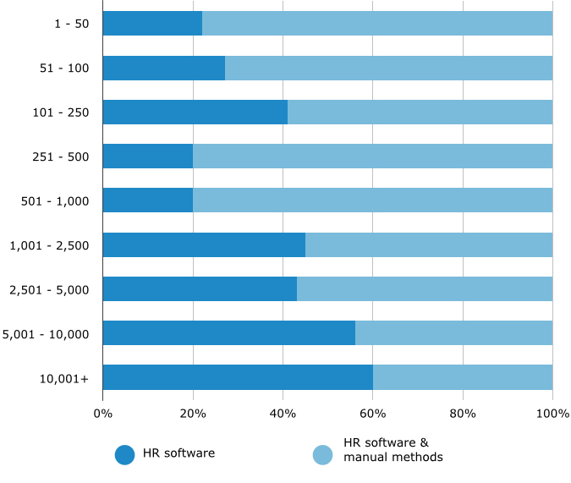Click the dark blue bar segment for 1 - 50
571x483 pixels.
point(152,24)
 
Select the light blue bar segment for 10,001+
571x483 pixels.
point(463,377)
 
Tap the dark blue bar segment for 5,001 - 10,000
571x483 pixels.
point(228,333)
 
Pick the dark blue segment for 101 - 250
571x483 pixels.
point(195,112)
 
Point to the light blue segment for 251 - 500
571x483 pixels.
point(372,156)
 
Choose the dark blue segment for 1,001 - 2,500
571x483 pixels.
point(204,244)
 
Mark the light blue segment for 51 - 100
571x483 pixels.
point(388,68)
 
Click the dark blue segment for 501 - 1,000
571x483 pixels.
point(147,200)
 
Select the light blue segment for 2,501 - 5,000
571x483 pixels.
point(425,288)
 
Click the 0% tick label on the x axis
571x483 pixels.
point(102,414)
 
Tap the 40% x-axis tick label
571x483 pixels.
point(283,414)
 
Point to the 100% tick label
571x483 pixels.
point(552,414)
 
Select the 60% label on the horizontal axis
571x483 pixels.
point(373,414)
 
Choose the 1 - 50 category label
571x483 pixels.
point(70,24)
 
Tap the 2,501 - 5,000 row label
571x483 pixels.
point(49,289)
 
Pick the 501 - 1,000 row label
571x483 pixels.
point(55,200)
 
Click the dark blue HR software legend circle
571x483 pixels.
point(125,454)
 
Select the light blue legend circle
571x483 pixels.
point(323,454)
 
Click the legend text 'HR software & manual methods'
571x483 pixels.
point(393,450)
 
